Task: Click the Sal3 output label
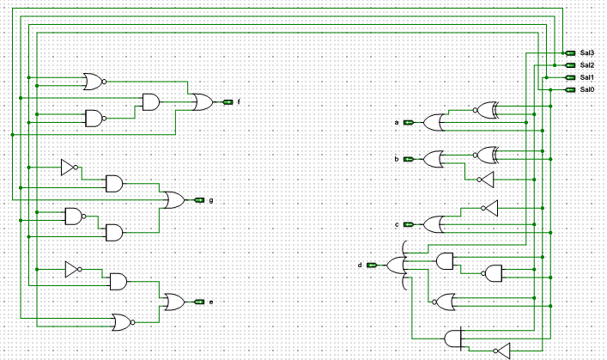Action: point(587,53)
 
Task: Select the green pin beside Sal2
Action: point(571,65)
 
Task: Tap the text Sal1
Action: point(587,77)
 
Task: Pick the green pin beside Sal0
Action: point(571,89)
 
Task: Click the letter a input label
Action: point(397,123)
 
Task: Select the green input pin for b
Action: point(408,159)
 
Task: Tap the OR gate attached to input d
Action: point(398,265)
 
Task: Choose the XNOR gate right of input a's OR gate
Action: point(487,110)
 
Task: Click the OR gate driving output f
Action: point(203,102)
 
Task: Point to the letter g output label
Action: point(210,200)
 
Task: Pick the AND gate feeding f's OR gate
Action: point(150,102)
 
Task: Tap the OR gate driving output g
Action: point(172,200)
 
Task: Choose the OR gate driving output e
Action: point(173,302)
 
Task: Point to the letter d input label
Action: point(360,265)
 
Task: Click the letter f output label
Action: point(238,102)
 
